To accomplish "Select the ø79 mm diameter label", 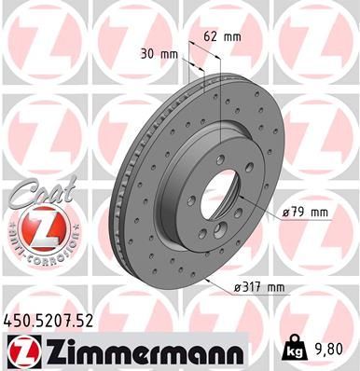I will pos(305,212).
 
